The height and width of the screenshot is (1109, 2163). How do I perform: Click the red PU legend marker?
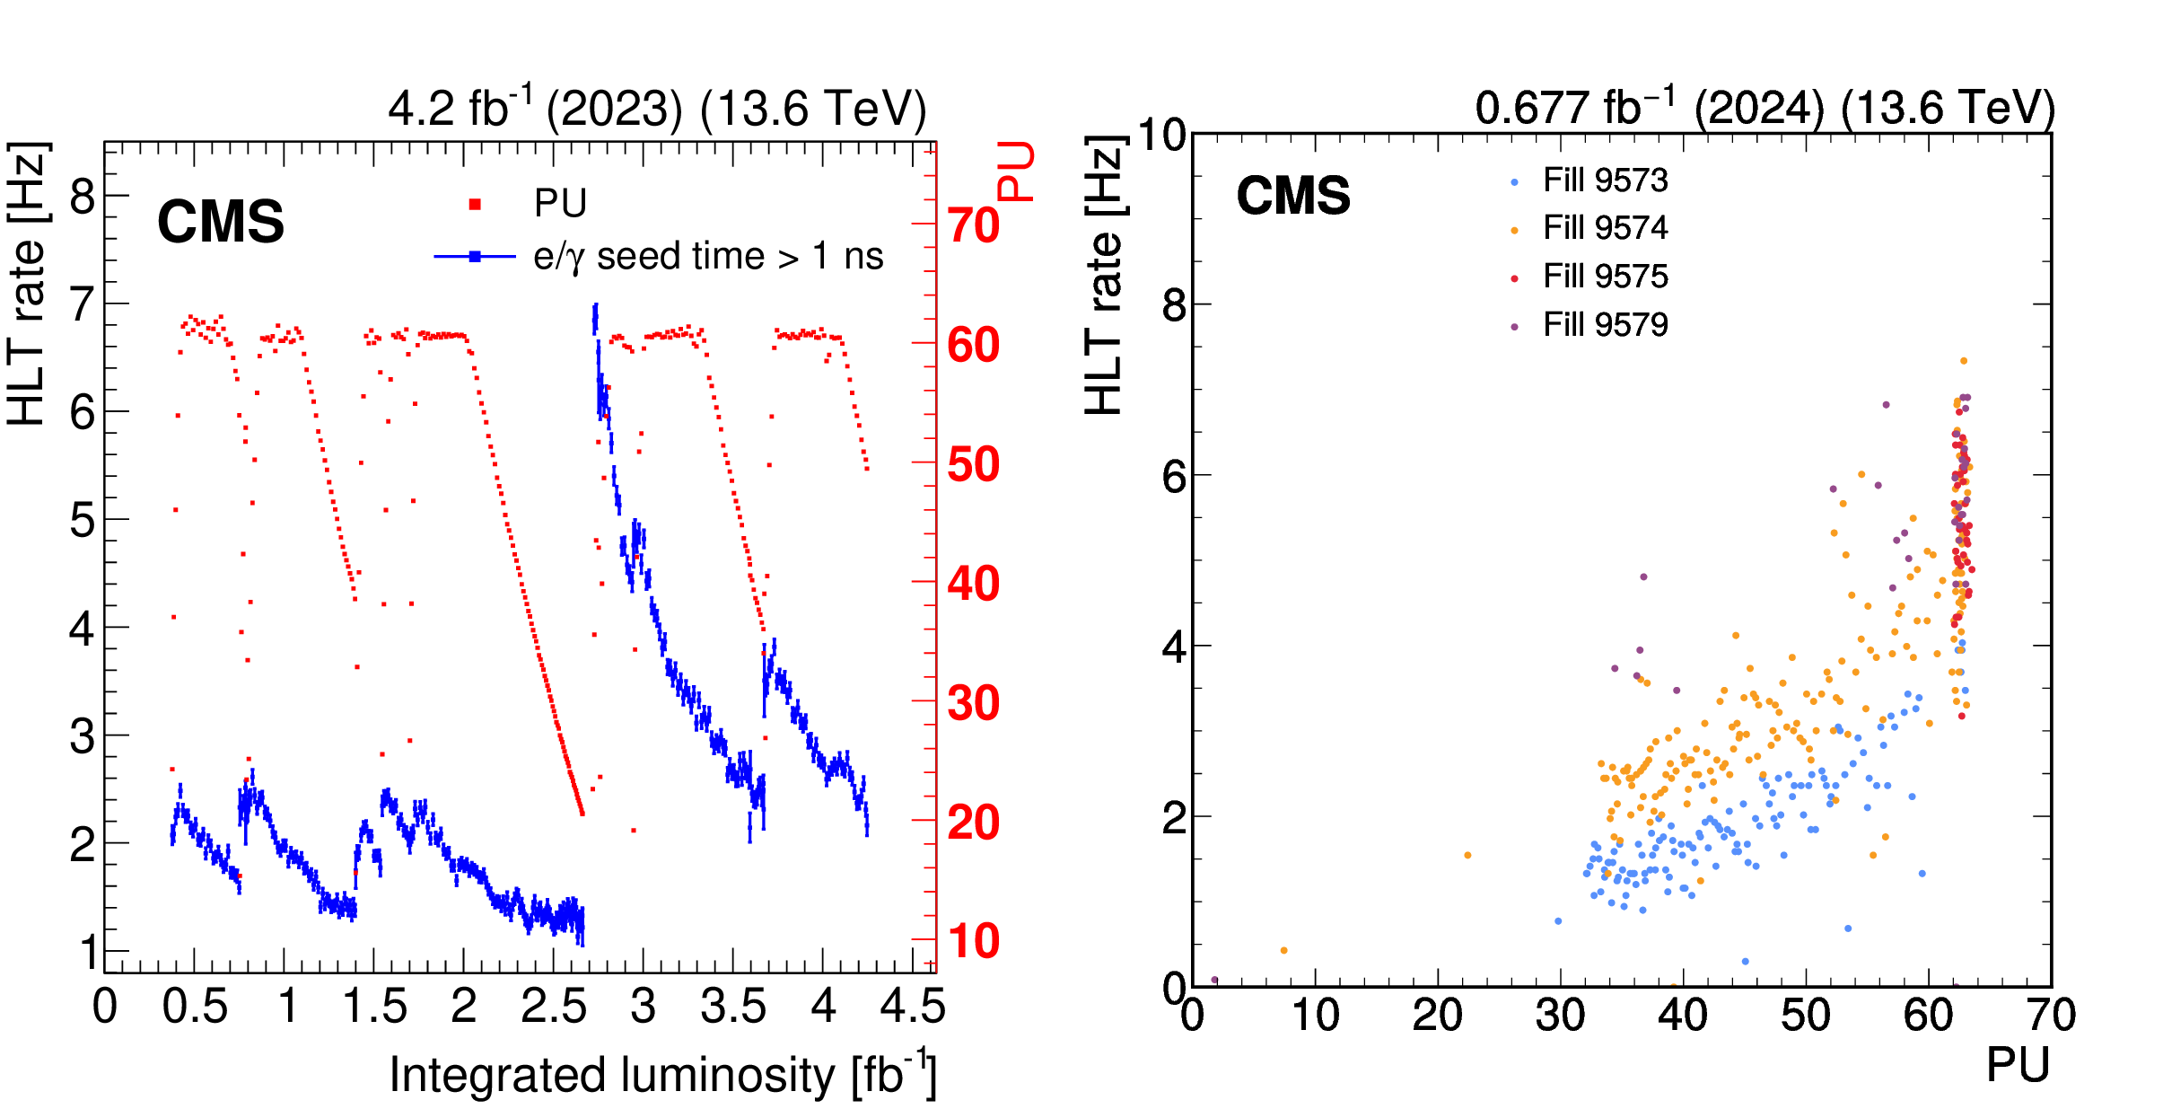(x=475, y=205)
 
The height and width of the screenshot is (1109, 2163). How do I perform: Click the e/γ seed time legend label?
(x=707, y=257)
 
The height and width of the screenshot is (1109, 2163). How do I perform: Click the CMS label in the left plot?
(x=221, y=222)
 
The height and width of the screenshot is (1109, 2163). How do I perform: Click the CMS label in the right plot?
(x=1293, y=196)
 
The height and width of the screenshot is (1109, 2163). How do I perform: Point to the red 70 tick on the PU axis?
(x=973, y=225)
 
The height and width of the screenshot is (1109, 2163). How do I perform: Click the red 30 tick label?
(x=973, y=703)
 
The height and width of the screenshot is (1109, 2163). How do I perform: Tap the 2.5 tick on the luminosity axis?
(x=553, y=1007)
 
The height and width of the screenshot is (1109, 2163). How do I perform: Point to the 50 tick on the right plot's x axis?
(x=1805, y=1016)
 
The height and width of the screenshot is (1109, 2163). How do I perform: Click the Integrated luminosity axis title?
(x=662, y=1074)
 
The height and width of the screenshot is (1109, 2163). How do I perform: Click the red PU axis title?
(x=1015, y=171)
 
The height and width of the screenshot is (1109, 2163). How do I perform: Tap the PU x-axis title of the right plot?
(x=2018, y=1066)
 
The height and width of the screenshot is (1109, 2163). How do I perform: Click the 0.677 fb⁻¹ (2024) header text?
(x=1765, y=108)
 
